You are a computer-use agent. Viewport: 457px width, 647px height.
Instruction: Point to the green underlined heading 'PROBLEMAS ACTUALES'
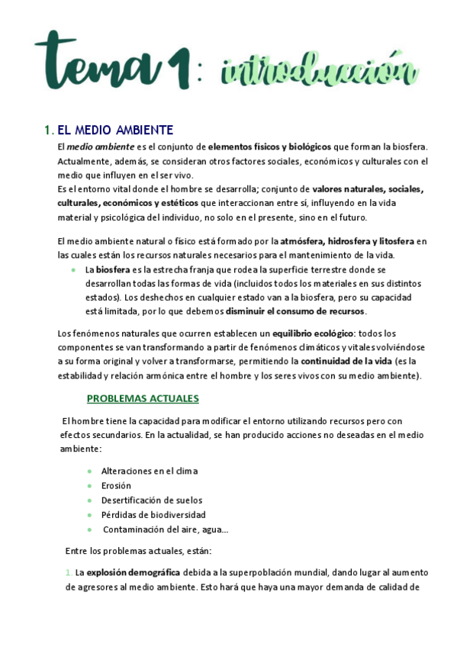point(143,398)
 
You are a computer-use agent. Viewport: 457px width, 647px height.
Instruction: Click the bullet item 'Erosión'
point(116,485)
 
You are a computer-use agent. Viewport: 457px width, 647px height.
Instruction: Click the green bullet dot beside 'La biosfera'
point(72,270)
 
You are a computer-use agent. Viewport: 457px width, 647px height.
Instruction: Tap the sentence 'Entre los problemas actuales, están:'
point(139,551)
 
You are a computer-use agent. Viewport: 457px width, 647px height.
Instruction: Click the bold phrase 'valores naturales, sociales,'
point(368,188)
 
